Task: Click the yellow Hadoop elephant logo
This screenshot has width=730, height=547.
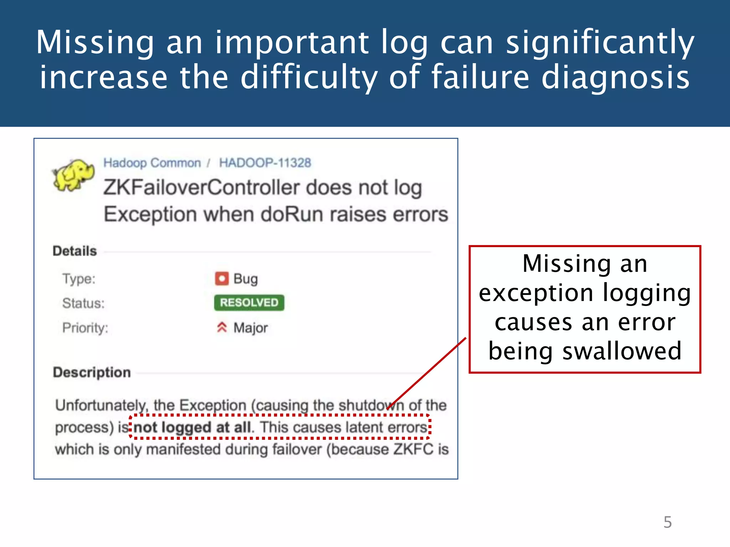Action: coord(73,175)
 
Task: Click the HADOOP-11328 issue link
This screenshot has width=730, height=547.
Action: coord(265,163)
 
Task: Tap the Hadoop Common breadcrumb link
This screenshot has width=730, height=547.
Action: coord(152,163)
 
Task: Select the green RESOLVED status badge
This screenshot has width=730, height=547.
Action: coord(249,303)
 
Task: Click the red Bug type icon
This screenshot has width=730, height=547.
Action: coord(222,278)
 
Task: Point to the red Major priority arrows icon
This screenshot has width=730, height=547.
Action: coord(222,327)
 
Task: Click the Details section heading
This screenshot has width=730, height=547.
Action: coord(74,251)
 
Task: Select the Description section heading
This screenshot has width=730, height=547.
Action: coord(92,372)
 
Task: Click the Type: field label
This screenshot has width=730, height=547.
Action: coord(79,278)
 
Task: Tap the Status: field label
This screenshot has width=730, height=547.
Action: coord(83,303)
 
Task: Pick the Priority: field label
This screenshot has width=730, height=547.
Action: coord(85,328)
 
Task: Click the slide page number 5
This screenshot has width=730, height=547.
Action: coord(667,522)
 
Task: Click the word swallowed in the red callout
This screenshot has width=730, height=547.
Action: coord(622,351)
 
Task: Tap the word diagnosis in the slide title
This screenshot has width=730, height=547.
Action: coord(615,77)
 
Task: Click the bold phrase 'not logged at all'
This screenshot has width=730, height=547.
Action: coord(192,427)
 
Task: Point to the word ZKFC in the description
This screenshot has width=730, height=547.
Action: coord(413,449)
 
